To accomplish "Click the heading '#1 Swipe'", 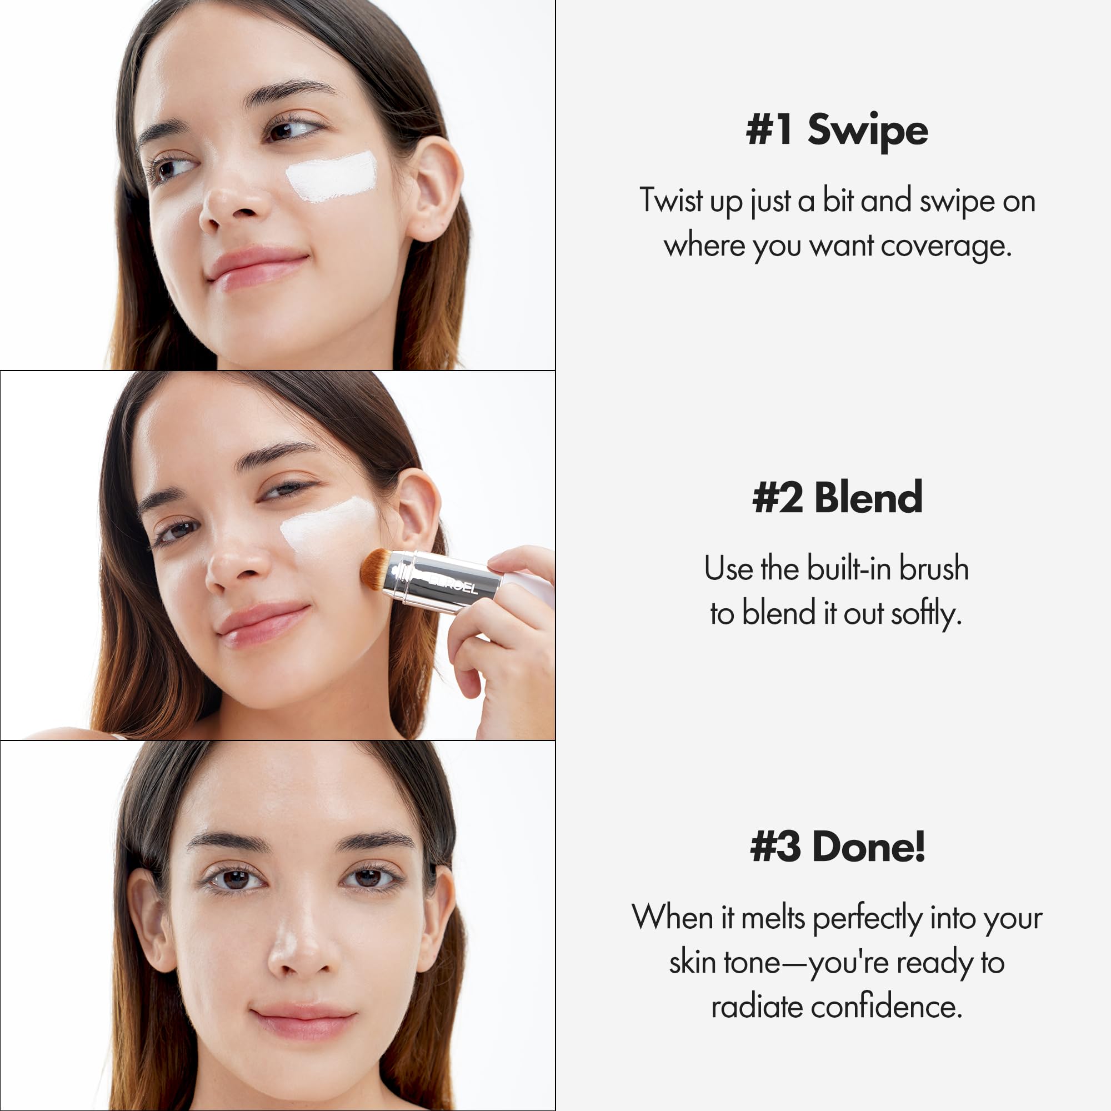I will coord(837,130).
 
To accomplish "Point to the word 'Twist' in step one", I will coord(670,201).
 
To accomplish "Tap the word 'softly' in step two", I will coord(925,614).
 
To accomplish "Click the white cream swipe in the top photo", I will coord(332,176).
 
